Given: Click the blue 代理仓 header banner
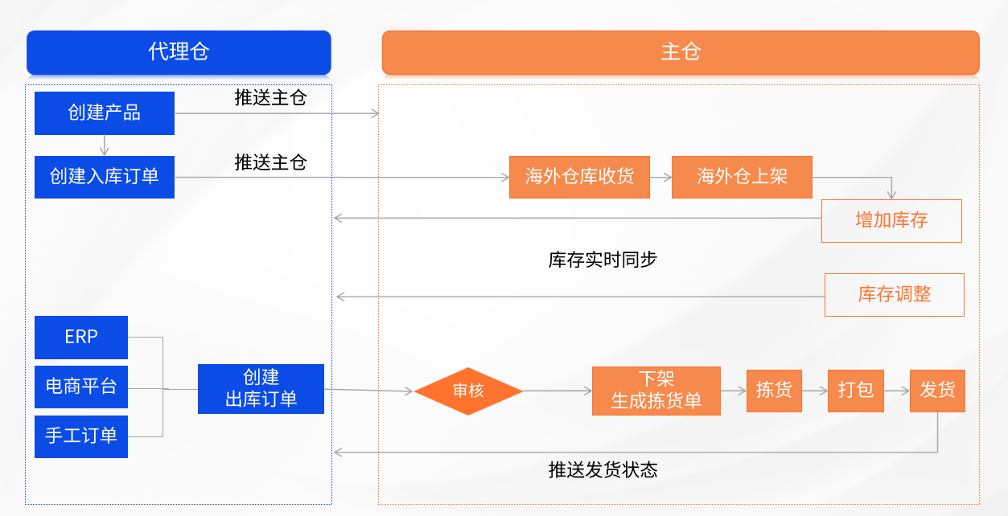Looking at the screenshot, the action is (179, 52).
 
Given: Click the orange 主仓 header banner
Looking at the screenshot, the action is (681, 52).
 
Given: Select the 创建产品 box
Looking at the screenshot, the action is (105, 113).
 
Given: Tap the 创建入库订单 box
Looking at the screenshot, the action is (105, 177).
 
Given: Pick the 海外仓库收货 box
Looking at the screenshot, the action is (579, 177).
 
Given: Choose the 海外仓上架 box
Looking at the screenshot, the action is (742, 177).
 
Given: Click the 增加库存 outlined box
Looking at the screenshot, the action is (891, 221).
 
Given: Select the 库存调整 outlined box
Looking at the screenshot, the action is (894, 295).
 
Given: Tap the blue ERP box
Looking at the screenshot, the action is (81, 337).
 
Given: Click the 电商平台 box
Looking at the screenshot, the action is (81, 387).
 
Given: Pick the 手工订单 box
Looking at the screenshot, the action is (81, 436).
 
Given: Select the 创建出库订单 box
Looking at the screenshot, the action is (261, 389).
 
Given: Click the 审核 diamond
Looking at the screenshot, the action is (468, 391).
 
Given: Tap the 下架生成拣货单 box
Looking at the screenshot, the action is (656, 391).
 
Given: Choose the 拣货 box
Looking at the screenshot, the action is (774, 391).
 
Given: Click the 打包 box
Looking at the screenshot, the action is (856, 391).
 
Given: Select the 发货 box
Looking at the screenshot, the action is (937, 391).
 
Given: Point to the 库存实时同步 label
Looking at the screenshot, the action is (603, 260).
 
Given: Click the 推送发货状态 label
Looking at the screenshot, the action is (603, 470).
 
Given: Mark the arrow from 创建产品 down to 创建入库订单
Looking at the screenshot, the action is (105, 145).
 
